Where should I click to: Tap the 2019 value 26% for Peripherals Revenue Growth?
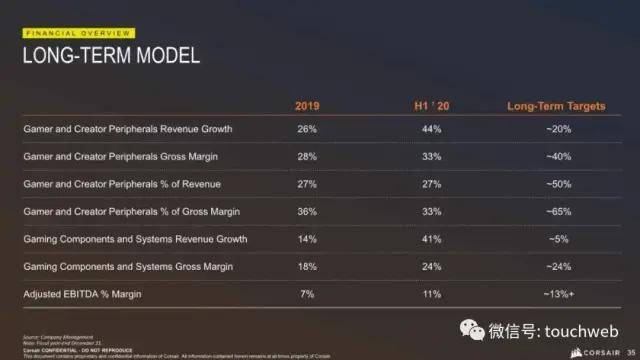(x=307, y=130)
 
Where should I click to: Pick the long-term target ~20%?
(x=557, y=130)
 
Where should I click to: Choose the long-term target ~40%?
(x=557, y=157)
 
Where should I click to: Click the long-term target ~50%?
(x=557, y=184)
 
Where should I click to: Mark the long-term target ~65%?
(x=557, y=212)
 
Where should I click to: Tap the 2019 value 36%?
(x=307, y=212)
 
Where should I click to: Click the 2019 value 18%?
(x=307, y=267)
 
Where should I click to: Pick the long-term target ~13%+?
(x=557, y=295)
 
